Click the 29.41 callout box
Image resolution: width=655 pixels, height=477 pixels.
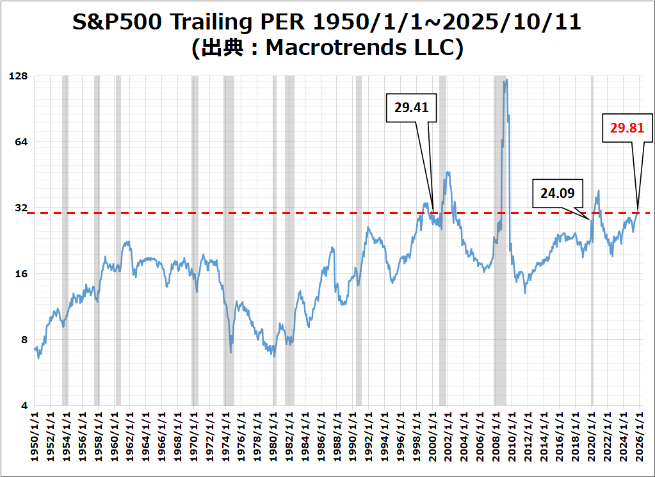click(411, 108)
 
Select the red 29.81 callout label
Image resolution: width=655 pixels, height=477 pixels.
click(627, 128)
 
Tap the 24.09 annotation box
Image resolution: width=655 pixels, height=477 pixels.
click(557, 192)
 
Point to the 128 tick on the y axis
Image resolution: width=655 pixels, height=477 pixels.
click(19, 76)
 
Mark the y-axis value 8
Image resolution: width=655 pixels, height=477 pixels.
click(25, 340)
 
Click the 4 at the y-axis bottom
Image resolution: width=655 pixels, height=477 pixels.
click(25, 406)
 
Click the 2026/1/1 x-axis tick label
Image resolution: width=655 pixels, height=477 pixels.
click(639, 439)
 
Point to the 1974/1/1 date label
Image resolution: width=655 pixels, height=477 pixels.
click(225, 439)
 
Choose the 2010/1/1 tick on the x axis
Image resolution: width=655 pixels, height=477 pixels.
click(512, 439)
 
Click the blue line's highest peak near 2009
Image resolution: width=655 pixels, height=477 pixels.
click(506, 81)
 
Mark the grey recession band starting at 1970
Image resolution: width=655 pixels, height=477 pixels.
click(195, 240)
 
